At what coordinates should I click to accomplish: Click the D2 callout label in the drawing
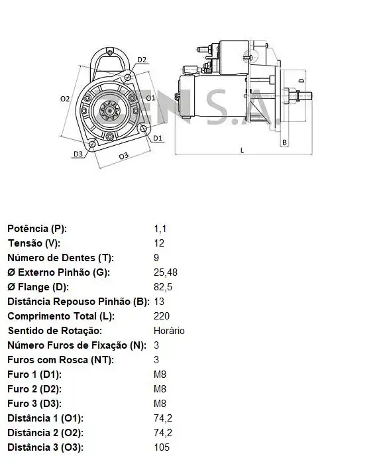(x=142, y=60)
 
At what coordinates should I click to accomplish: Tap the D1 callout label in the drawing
(x=157, y=138)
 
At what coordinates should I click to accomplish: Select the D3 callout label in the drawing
(x=78, y=154)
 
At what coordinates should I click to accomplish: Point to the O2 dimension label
(x=64, y=99)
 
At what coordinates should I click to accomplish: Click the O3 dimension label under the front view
(x=123, y=156)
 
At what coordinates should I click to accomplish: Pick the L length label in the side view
(x=242, y=150)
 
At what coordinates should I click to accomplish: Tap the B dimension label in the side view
(x=284, y=142)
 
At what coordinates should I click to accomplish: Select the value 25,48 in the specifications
(x=166, y=272)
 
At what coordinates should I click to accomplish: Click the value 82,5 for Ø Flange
(x=162, y=287)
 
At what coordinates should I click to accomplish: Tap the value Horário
(x=169, y=331)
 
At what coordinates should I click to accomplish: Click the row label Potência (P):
(x=37, y=229)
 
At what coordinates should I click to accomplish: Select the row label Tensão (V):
(x=33, y=243)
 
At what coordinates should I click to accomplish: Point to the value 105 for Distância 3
(x=161, y=447)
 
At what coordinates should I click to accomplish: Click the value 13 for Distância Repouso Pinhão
(x=158, y=302)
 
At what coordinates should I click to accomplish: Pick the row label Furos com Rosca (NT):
(x=61, y=360)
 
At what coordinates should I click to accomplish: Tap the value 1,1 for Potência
(x=160, y=229)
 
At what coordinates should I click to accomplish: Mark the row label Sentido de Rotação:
(x=54, y=331)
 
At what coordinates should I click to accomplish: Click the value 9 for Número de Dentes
(x=156, y=258)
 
